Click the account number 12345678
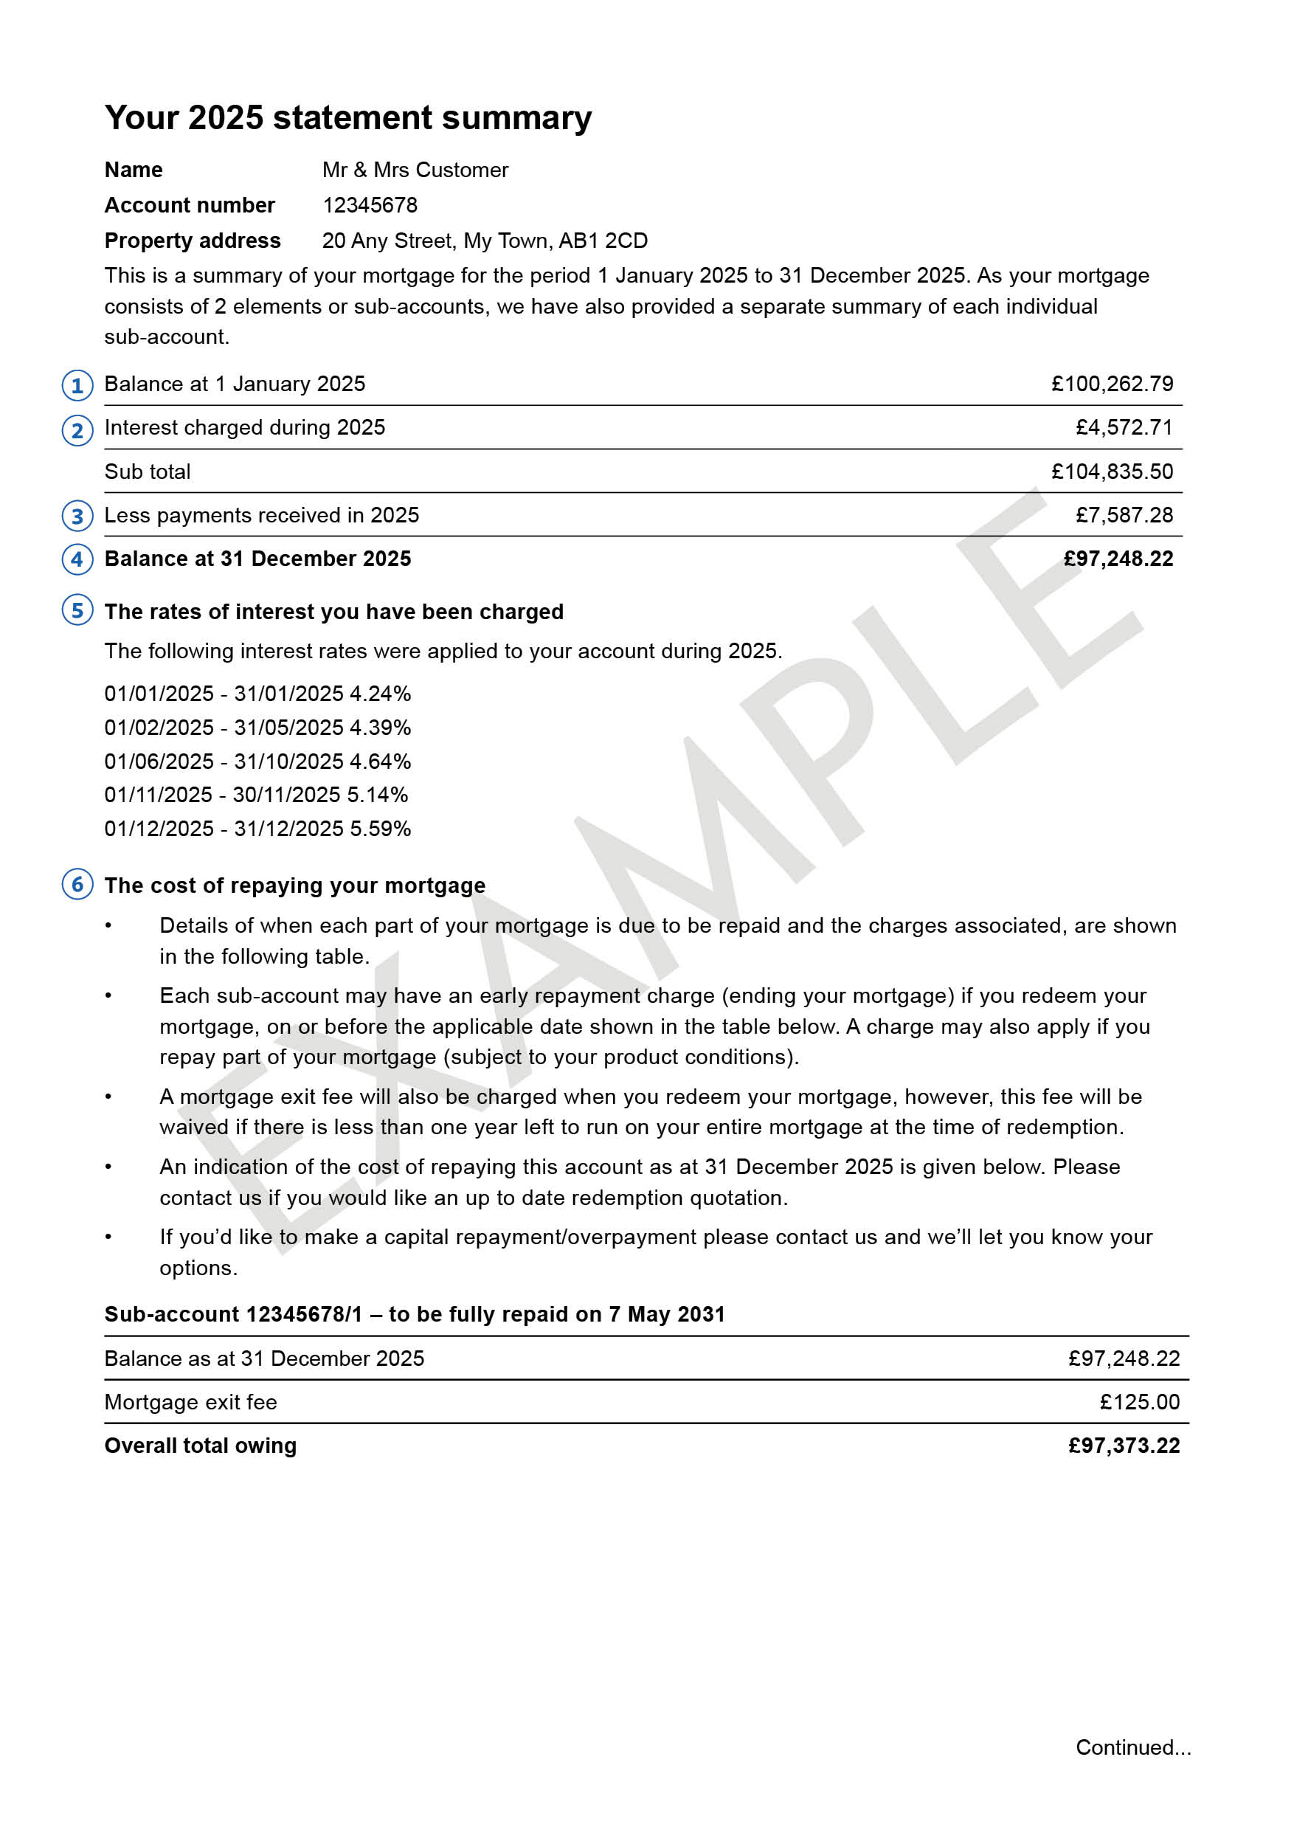tap(370, 206)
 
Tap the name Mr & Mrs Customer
tap(415, 170)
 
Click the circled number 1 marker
tap(77, 386)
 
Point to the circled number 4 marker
tap(77, 559)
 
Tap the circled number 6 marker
tap(77, 884)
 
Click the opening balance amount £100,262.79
tap(1112, 384)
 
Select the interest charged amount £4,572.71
tap(1124, 428)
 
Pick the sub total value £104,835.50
tap(1112, 472)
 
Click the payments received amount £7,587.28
tap(1124, 516)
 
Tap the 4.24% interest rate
tap(380, 694)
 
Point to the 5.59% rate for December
tap(380, 829)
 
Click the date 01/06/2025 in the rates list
tap(159, 762)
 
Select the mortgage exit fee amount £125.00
tap(1139, 1402)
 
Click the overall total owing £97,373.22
tap(1124, 1446)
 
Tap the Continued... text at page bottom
tap(1133, 1747)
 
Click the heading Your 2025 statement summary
tap(348, 118)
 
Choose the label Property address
tap(192, 241)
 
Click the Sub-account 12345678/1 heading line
tap(415, 1314)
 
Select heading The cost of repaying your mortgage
tap(295, 885)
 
